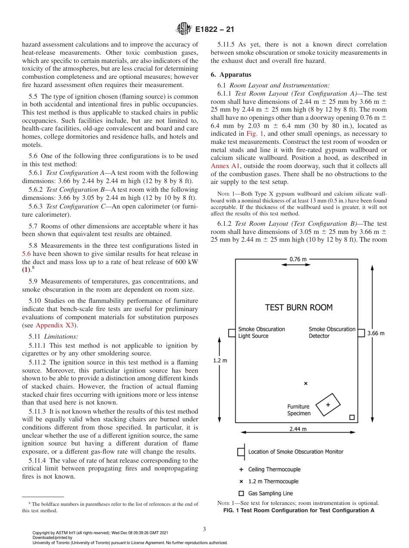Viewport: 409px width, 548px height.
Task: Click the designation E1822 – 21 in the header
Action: [x=214, y=30]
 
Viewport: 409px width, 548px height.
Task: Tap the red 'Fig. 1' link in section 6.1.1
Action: [x=254, y=134]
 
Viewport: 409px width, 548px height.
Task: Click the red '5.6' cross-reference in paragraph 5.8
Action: [x=27, y=254]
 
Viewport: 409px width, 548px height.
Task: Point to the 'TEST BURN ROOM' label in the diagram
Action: [x=299, y=308]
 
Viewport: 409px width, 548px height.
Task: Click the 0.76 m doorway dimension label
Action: [x=298, y=259]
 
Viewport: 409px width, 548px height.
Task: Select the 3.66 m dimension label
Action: [x=375, y=333]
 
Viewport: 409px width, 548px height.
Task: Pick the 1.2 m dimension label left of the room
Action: [x=220, y=361]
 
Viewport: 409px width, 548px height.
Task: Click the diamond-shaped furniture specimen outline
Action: [x=328, y=405]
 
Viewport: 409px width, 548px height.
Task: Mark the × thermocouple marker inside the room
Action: [x=306, y=383]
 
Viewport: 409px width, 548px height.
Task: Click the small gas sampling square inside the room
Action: [x=351, y=417]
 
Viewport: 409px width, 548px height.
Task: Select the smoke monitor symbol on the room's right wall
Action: [x=361, y=333]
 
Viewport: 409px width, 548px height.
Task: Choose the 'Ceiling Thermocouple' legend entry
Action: [x=274, y=470]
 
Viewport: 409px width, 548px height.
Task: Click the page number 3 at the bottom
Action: [x=204, y=529]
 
